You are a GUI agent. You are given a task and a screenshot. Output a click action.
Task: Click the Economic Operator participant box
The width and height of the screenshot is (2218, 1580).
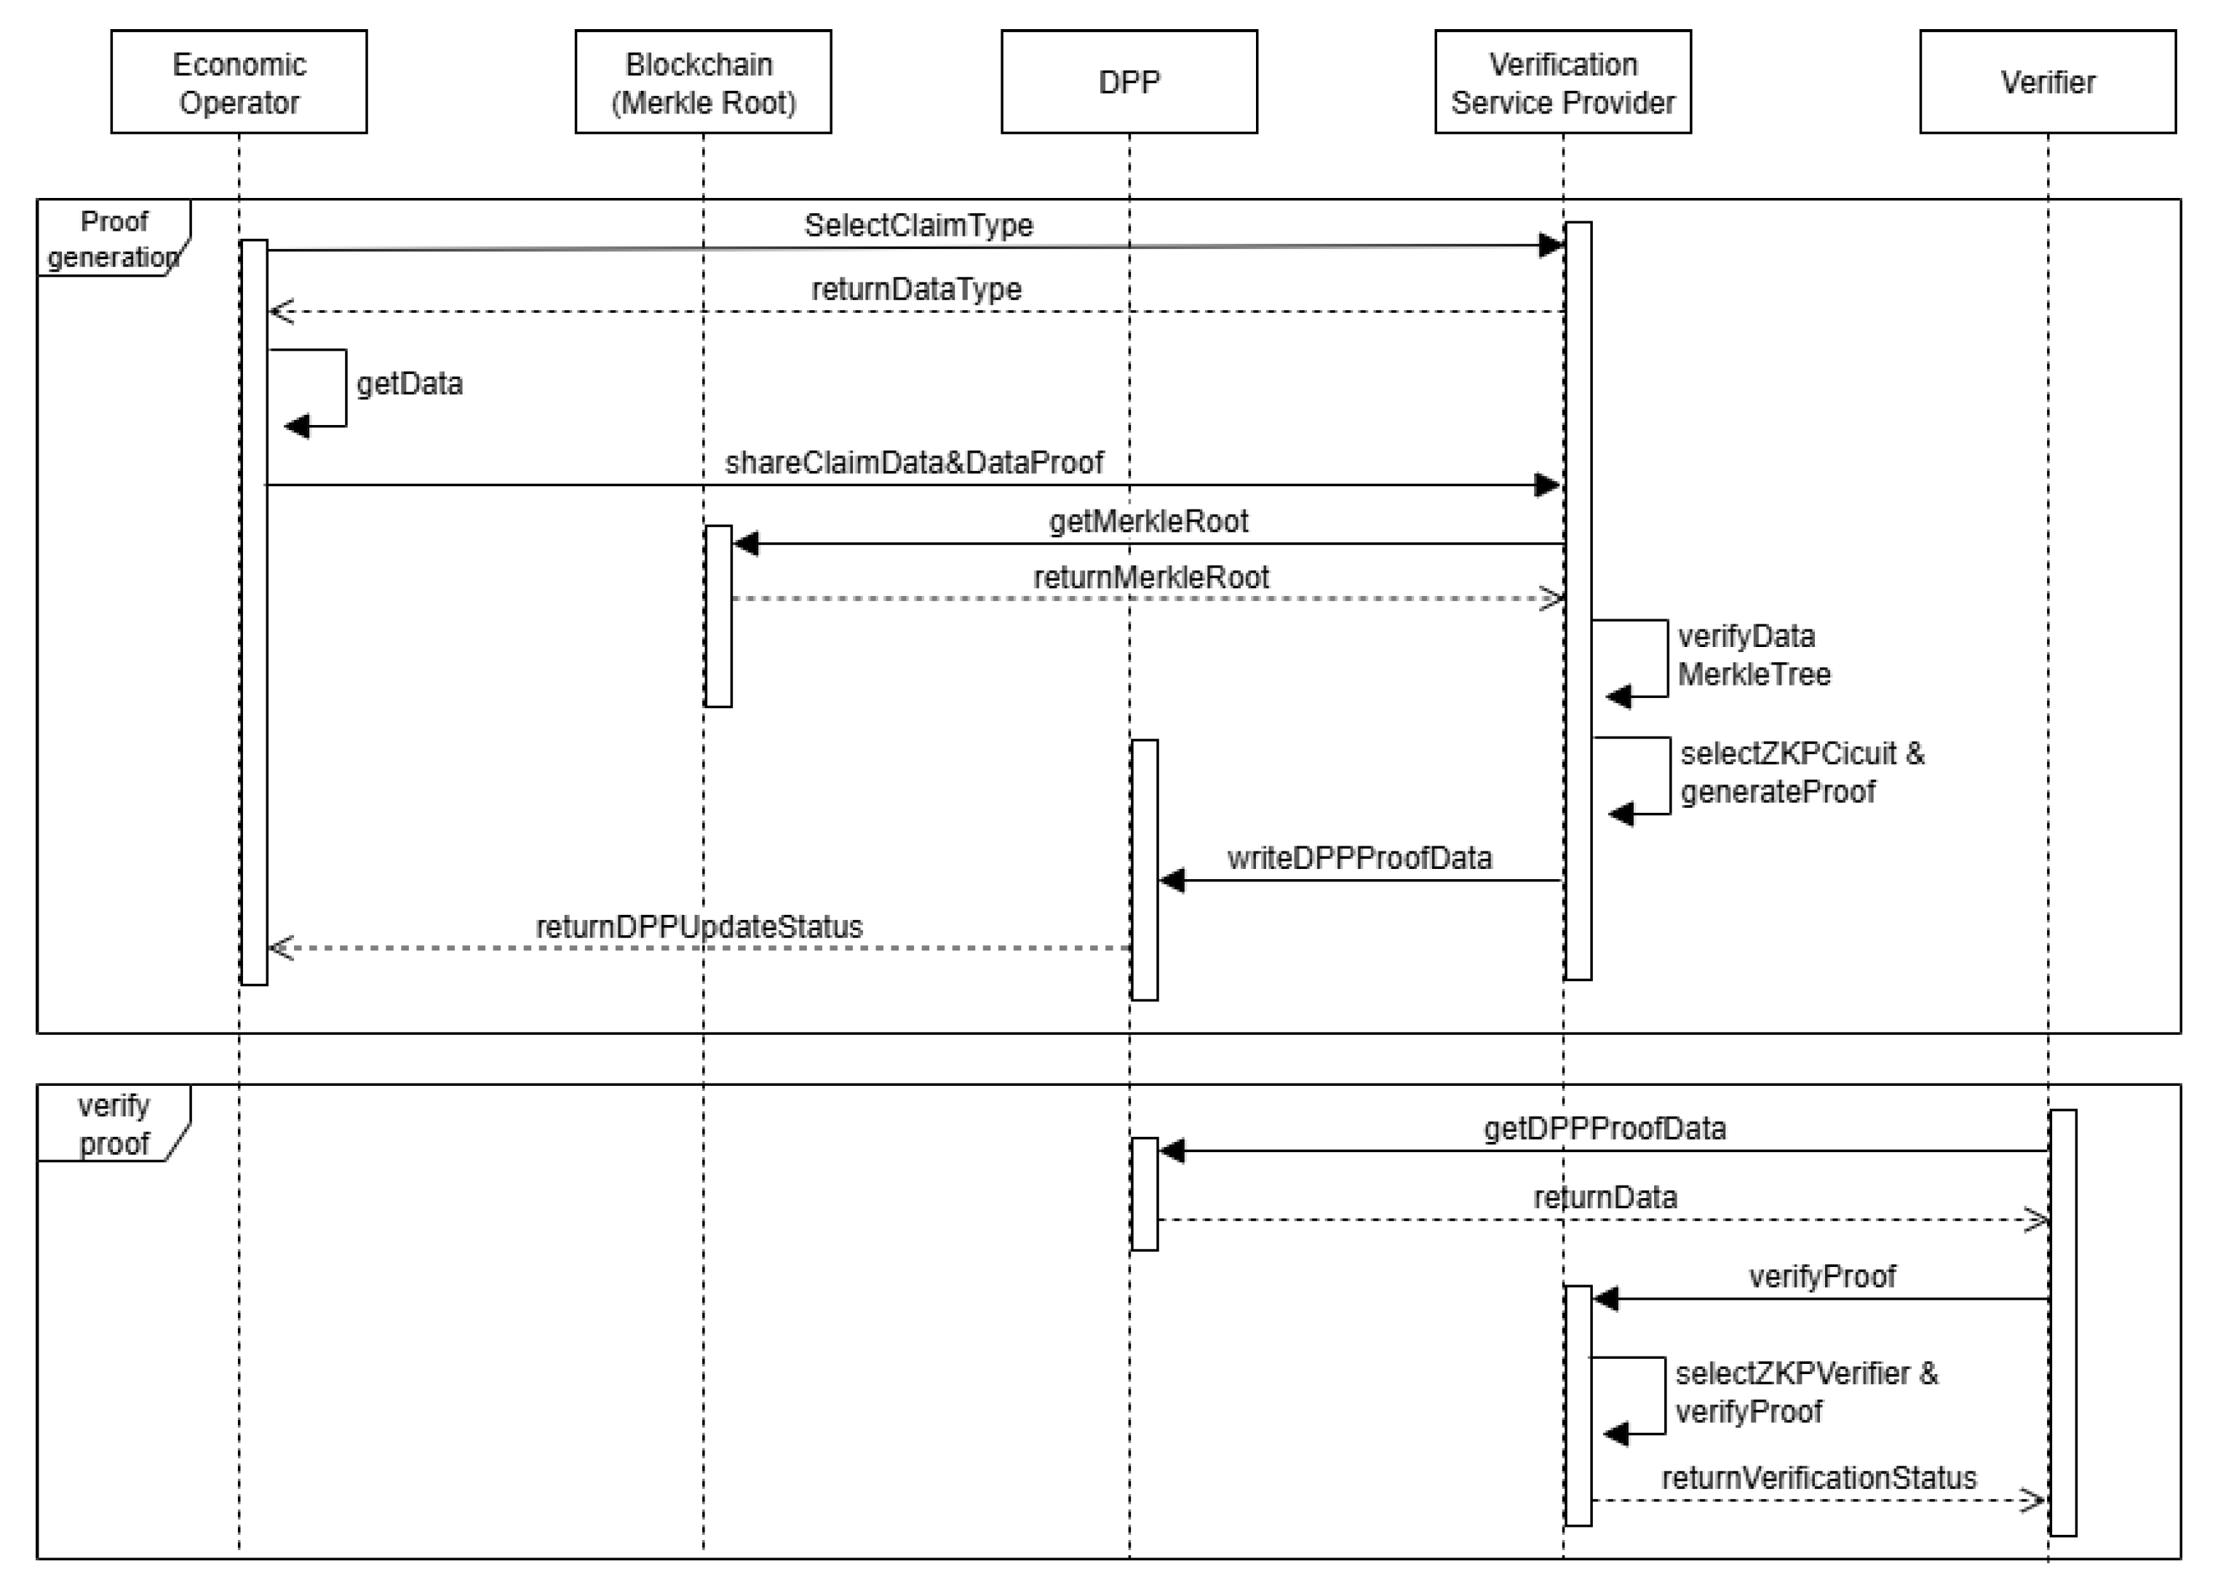239,82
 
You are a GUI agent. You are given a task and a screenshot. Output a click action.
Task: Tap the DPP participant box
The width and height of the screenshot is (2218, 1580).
1129,82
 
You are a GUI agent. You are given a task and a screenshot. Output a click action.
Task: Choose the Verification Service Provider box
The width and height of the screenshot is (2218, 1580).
1562,82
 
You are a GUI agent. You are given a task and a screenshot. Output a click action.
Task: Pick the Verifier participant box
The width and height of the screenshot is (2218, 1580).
2047,82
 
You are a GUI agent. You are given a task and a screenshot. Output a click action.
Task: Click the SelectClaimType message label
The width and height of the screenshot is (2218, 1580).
918,225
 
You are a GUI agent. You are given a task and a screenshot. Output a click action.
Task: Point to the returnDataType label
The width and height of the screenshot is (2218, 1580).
915,289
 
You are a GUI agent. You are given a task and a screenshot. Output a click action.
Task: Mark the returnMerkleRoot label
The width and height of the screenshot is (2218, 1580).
1150,577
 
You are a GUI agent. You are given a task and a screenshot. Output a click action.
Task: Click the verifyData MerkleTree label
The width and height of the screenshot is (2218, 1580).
1753,655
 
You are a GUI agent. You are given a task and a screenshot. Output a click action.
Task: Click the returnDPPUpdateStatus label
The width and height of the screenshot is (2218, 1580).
699,926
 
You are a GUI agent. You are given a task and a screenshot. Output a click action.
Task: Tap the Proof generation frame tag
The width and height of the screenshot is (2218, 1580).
113,239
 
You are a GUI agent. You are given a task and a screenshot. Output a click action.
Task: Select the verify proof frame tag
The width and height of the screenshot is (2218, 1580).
113,1124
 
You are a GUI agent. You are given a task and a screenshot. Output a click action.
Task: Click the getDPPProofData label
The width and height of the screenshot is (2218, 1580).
1603,1129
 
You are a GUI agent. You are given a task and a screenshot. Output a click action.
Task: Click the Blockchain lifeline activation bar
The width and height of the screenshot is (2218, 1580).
718,616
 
